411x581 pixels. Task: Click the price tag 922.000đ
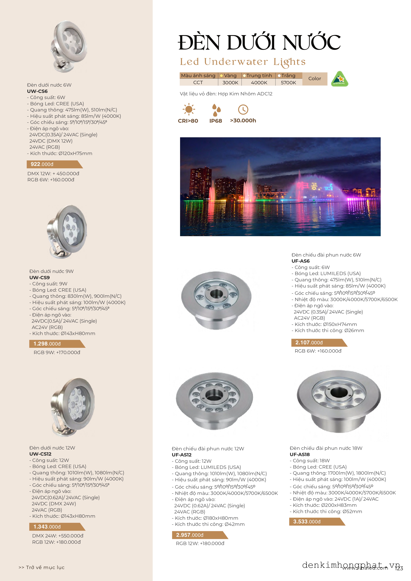point(42,164)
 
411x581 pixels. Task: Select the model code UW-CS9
point(39,277)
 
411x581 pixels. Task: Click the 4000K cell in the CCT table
point(259,82)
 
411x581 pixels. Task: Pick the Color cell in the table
point(315,79)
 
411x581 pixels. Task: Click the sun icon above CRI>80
point(189,110)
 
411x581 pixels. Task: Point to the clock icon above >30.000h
point(243,110)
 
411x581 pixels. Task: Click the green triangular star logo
point(340,79)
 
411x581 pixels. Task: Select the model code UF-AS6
point(300,261)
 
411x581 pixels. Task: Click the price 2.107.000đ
point(309,343)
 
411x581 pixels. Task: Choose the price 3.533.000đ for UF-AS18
point(307,522)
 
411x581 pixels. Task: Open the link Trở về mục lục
point(42,567)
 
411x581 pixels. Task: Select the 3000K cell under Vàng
point(230,82)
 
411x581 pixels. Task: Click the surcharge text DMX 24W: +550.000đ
point(58,536)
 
